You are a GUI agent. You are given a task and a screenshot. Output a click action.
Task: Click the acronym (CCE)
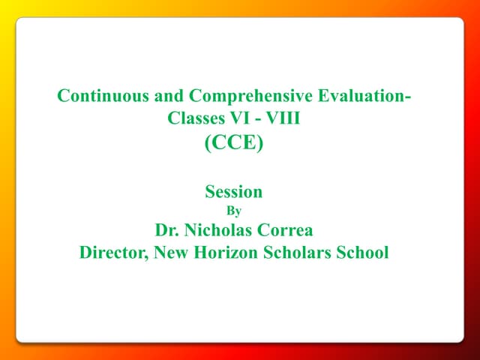pyautogui.click(x=234, y=142)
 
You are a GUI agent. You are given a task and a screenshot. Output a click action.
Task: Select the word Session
pyautogui.click(x=234, y=192)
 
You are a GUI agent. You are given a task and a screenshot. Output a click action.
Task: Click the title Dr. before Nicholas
pyautogui.click(x=167, y=230)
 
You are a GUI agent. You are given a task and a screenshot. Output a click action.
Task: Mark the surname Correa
pyautogui.click(x=288, y=230)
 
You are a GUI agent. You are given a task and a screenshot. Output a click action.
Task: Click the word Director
pyautogui.click(x=112, y=253)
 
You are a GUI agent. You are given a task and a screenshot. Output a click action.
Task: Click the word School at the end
pyautogui.click(x=363, y=253)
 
